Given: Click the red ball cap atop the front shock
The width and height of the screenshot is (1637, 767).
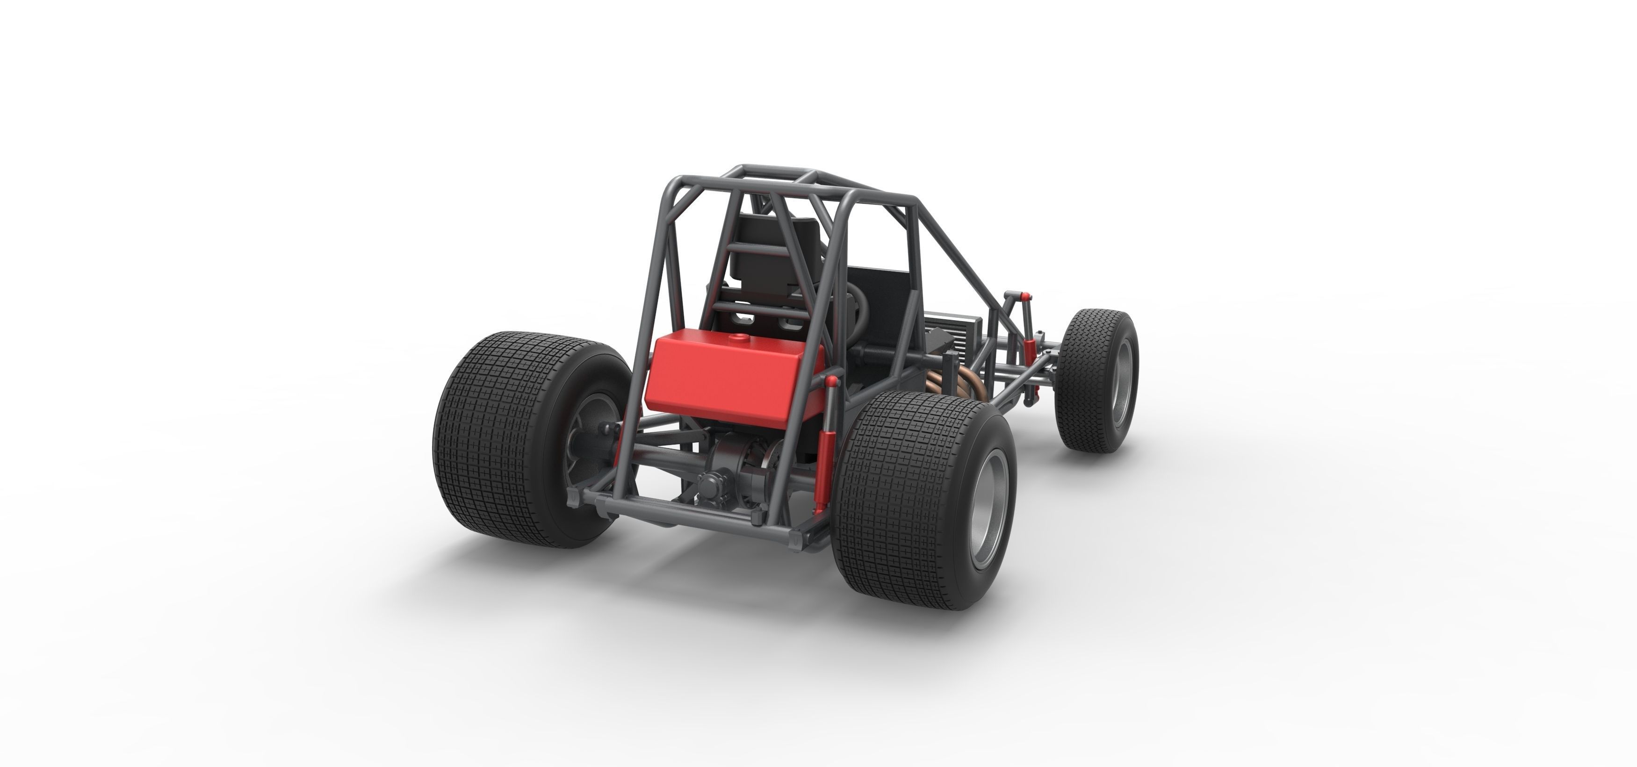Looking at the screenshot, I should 1026,297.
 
